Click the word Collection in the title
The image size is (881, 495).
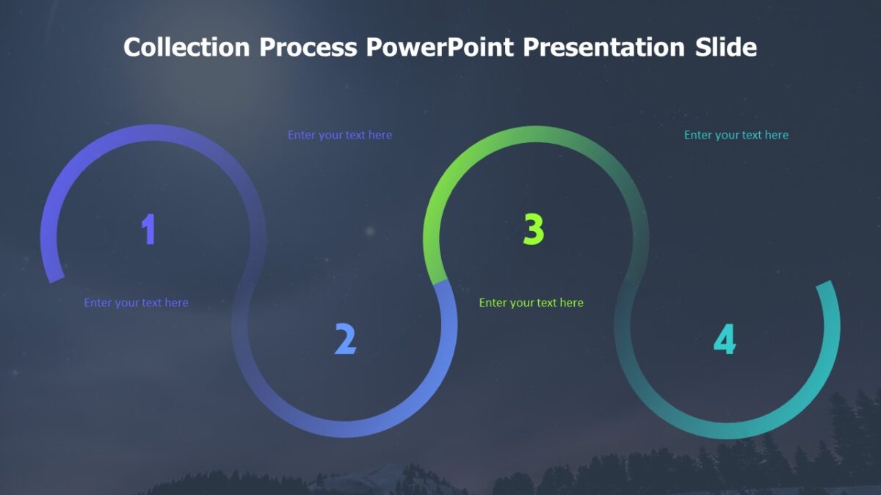tap(186, 47)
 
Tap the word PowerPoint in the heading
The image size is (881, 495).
tap(440, 47)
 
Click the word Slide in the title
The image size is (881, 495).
tap(726, 47)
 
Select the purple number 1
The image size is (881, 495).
tap(149, 230)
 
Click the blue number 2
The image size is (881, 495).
tap(345, 339)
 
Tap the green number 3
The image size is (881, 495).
tap(534, 230)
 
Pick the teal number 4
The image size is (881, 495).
tap(725, 340)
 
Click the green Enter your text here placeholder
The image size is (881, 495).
tap(531, 303)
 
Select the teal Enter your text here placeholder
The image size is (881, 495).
tap(736, 135)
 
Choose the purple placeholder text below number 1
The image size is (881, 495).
tap(136, 303)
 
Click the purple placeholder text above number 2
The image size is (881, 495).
tap(339, 135)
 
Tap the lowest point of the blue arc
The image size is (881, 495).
tap(345, 430)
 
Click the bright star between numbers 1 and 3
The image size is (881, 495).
tap(370, 232)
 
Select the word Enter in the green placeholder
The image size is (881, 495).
tap(493, 303)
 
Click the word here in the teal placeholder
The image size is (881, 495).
tap(775, 135)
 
